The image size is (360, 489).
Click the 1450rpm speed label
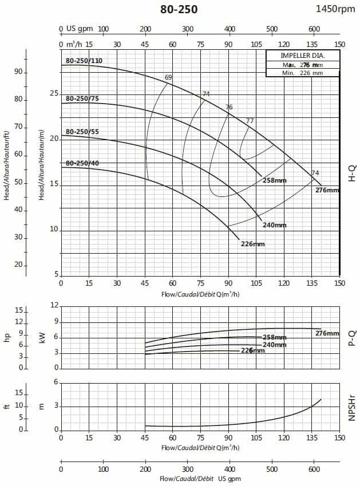click(335, 9)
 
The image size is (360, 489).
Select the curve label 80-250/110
click(84, 61)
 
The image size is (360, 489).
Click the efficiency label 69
click(168, 77)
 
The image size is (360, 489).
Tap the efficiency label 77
click(250, 121)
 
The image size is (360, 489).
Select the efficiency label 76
click(229, 107)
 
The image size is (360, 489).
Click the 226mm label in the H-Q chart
click(253, 244)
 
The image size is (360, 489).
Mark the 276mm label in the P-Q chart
click(327, 333)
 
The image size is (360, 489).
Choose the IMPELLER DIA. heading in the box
click(302, 56)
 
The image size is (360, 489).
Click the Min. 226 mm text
click(302, 73)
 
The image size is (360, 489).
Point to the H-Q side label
click(351, 171)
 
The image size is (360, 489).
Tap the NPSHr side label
click(351, 406)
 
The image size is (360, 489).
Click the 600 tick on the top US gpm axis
click(314, 29)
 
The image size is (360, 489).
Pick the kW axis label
click(42, 338)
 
